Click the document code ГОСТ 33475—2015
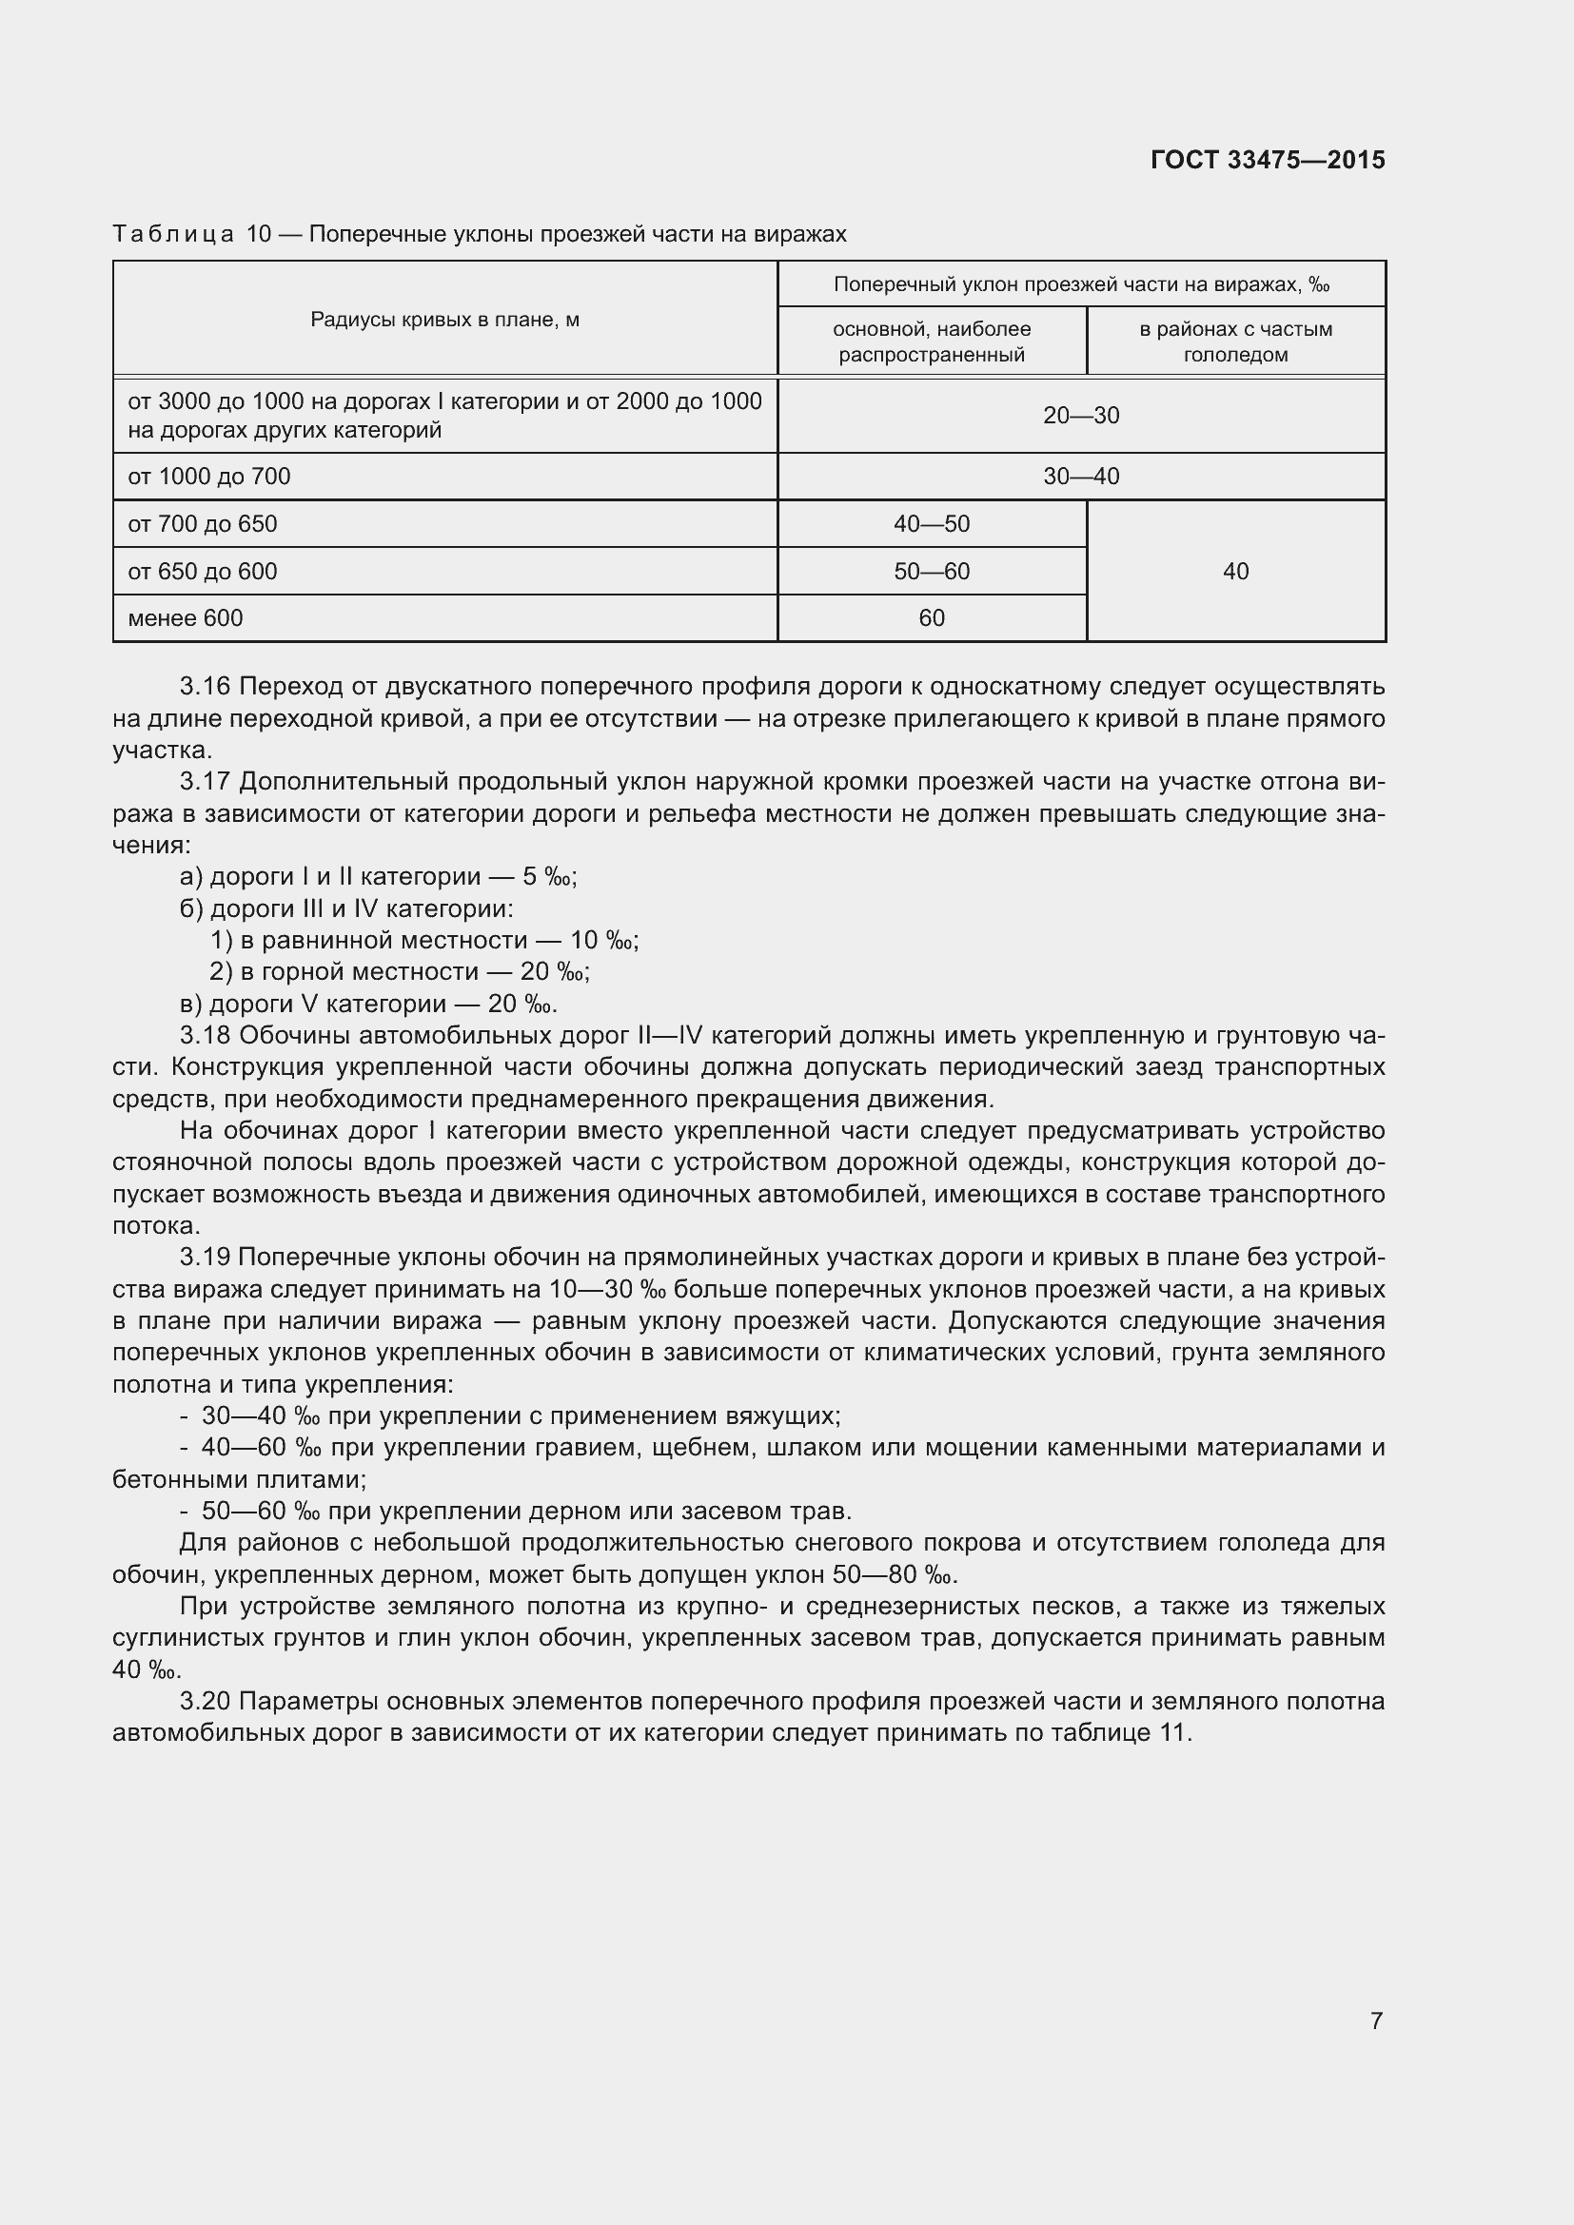coord(1267,160)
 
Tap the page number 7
coord(1376,2020)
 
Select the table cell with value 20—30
coord(1081,416)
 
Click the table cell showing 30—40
coord(1081,477)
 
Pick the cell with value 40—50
coord(932,524)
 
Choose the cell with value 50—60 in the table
coord(932,572)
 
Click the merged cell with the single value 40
coord(1236,572)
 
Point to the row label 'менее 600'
coord(186,618)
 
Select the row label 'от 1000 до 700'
coord(208,477)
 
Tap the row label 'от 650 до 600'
coord(202,572)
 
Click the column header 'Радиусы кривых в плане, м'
coord(444,320)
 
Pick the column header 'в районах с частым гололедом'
coord(1236,342)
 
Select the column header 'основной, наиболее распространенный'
coord(932,342)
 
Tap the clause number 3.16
coord(205,687)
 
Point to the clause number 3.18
coord(205,1036)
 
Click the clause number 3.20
coord(205,1702)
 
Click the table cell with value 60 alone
coord(932,618)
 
